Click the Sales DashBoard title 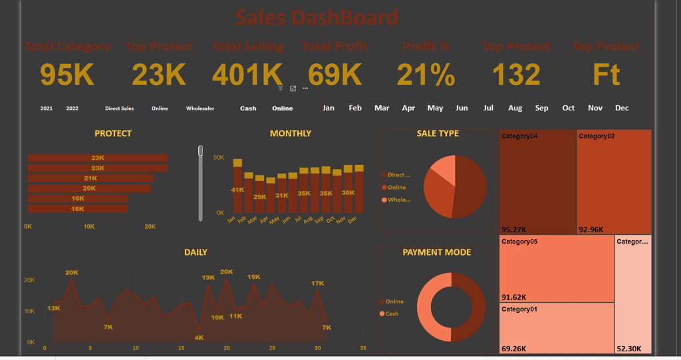point(317,17)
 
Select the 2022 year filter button point(72,108)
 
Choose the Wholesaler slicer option point(200,108)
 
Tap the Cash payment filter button point(248,108)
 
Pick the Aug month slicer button point(515,108)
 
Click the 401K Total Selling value point(247,75)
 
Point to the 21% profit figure point(426,75)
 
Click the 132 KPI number point(517,75)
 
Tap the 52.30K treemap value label point(629,348)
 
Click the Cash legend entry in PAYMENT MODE point(392,313)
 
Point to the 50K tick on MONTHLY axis point(218,158)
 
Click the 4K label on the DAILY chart point(199,338)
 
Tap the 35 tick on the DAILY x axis point(363,348)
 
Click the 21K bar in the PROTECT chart point(90,178)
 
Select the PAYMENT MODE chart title point(436,252)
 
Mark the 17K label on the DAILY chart point(318,283)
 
